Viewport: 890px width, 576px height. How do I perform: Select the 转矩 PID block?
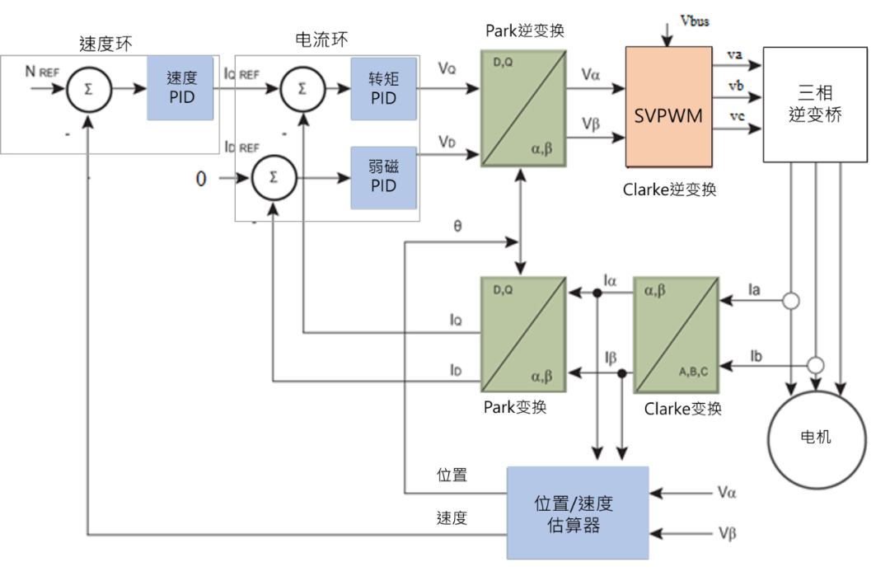tap(384, 88)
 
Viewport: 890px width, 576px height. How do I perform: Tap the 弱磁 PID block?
tap(384, 176)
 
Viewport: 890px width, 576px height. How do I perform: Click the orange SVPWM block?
tap(668, 107)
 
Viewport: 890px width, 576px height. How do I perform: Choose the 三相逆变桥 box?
tap(815, 105)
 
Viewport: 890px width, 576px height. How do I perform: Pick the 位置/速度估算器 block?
tap(578, 513)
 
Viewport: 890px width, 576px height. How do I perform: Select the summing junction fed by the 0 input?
tap(274, 177)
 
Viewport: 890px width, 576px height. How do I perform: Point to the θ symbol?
tap(458, 225)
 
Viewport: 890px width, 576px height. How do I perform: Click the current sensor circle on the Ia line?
tap(791, 302)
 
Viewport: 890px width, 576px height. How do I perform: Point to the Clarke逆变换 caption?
tap(669, 190)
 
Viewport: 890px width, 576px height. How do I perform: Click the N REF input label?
tap(42, 72)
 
